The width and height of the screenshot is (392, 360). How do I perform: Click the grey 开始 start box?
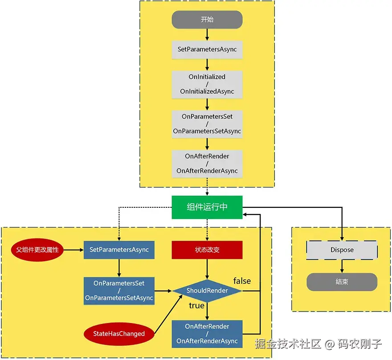(x=207, y=20)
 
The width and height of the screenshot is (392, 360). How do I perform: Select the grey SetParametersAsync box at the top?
(x=207, y=49)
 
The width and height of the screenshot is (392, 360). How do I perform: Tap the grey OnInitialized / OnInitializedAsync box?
(x=207, y=84)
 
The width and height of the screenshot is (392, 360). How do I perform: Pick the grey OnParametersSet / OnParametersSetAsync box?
(x=207, y=124)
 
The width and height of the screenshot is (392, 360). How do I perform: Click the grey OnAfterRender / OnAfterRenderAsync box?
(x=207, y=163)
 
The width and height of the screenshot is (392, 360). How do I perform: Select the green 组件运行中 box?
(x=207, y=207)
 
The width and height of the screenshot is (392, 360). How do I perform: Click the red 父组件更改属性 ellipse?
(x=37, y=250)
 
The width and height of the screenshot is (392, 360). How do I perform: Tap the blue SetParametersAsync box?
(x=119, y=250)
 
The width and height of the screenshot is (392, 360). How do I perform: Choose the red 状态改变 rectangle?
(x=207, y=250)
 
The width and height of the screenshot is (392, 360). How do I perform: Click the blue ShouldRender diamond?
(x=207, y=291)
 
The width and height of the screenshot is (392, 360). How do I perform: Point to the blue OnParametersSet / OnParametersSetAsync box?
(x=119, y=291)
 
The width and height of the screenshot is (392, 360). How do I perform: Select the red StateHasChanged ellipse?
(x=119, y=334)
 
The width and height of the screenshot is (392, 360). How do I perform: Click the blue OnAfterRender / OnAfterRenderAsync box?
(x=207, y=334)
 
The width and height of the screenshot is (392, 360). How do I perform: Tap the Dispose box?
(x=342, y=250)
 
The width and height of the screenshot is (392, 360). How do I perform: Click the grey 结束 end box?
(x=342, y=282)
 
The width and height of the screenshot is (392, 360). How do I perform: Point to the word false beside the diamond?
(x=242, y=281)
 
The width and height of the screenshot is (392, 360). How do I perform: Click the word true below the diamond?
(x=196, y=306)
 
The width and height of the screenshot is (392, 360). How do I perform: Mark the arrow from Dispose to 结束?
(x=342, y=266)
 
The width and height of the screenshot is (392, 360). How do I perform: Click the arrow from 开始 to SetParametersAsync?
(x=207, y=35)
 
